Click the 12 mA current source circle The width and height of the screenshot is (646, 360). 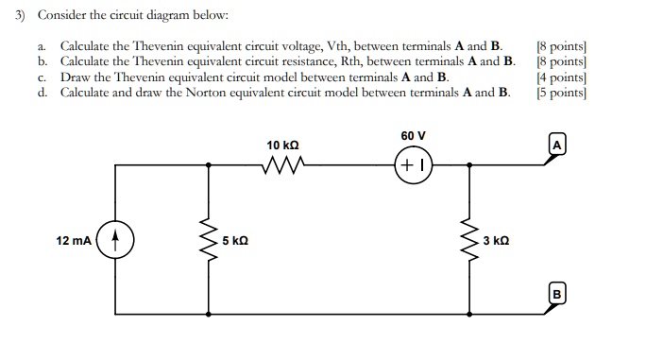(x=115, y=242)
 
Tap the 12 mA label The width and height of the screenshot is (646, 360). (x=74, y=242)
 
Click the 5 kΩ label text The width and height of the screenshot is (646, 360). (x=235, y=242)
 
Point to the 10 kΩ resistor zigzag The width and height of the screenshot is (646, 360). (x=284, y=167)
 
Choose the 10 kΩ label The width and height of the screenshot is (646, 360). (x=283, y=146)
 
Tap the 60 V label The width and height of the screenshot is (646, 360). (x=414, y=137)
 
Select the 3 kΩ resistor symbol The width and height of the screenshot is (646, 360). (x=467, y=243)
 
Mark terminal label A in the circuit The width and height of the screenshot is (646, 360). (x=557, y=145)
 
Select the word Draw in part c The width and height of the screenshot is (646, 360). (x=76, y=77)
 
